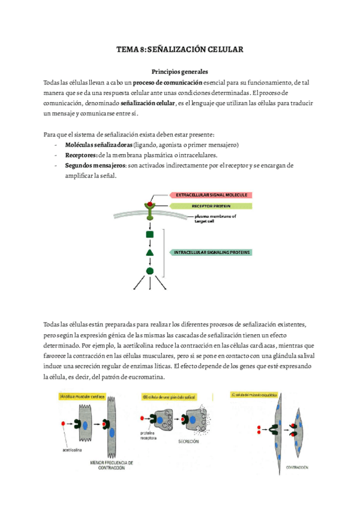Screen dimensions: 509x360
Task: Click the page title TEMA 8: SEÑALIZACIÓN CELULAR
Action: (x=179, y=50)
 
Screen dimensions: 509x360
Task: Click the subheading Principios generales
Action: (x=179, y=71)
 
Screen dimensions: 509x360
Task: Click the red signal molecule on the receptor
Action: (x=150, y=197)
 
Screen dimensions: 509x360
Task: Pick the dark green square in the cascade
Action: (x=150, y=235)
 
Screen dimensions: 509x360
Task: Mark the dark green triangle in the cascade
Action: (x=150, y=253)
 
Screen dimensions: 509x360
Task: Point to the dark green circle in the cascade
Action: (x=150, y=271)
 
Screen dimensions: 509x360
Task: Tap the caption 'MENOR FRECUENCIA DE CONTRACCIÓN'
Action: (x=112, y=465)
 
